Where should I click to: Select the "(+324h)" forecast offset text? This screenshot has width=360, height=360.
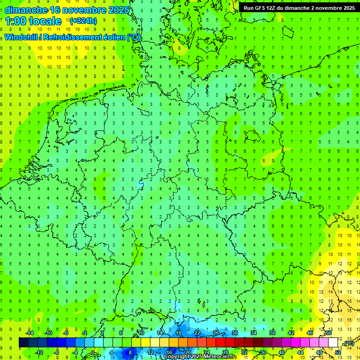click(83, 21)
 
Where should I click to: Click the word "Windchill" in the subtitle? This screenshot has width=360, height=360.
click(20, 37)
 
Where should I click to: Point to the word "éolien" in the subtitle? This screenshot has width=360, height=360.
click(111, 37)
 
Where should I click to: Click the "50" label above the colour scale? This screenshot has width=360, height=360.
click(329, 333)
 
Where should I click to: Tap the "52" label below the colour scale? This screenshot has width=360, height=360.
click(338, 352)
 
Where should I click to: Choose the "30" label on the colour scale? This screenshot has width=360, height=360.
click(235, 333)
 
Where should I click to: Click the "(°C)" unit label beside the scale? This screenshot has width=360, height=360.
click(349, 344)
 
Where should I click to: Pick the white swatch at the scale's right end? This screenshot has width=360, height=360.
click(333, 343)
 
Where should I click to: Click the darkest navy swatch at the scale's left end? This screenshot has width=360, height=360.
click(23, 343)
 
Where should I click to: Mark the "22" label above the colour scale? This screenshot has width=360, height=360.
click(197, 333)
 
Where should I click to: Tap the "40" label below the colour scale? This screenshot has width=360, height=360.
click(282, 352)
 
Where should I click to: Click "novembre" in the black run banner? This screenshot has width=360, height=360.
click(329, 8)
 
